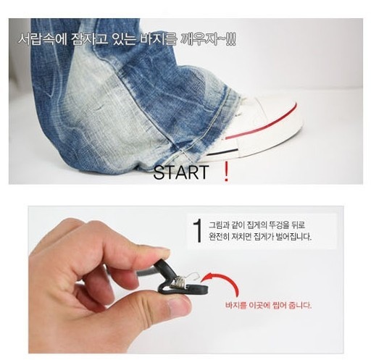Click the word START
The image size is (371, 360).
point(181,172)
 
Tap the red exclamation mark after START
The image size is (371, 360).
point(226,172)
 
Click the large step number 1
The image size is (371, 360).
point(198,231)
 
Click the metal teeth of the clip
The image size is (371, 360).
point(178,282)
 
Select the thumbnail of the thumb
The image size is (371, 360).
point(179,307)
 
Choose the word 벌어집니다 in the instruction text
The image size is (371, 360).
point(293,237)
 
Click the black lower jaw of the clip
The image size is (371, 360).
point(183,289)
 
